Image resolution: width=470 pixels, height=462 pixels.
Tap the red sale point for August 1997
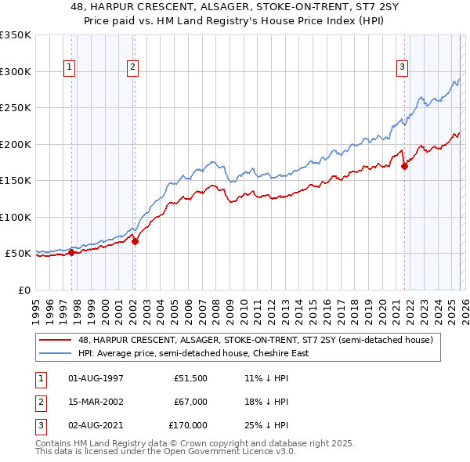[71, 252]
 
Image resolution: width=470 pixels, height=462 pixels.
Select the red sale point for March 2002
[135, 241]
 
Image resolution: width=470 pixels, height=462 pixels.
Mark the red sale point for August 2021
[405, 166]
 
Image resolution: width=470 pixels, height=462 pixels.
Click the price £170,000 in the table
[189, 425]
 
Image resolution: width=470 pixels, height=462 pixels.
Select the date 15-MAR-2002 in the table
[96, 402]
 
